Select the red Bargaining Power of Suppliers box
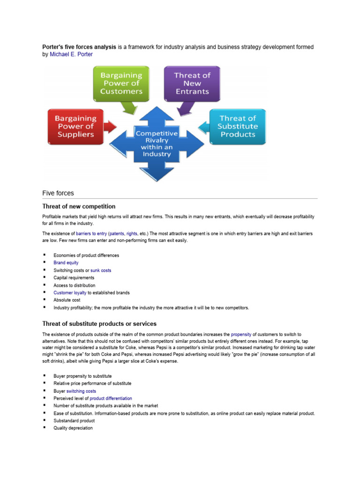point(75,127)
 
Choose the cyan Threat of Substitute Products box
point(238,127)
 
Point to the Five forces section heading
point(58,193)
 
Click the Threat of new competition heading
point(79,206)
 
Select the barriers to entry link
point(91,233)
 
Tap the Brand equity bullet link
point(66,263)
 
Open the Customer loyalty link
point(70,293)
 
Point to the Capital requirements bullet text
point(74,278)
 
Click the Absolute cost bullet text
point(67,300)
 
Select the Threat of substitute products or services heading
point(99,324)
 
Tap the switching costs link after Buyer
point(81,391)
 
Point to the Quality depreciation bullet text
point(73,428)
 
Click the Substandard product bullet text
point(74,421)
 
